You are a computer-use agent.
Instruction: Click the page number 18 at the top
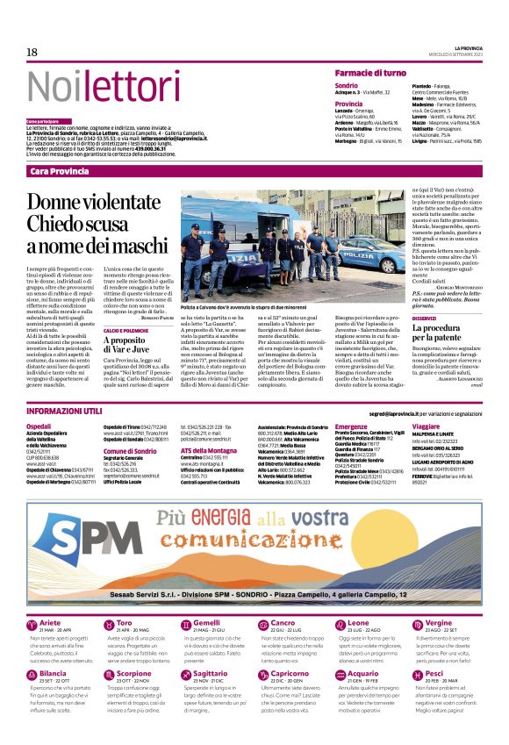coord(32,53)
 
